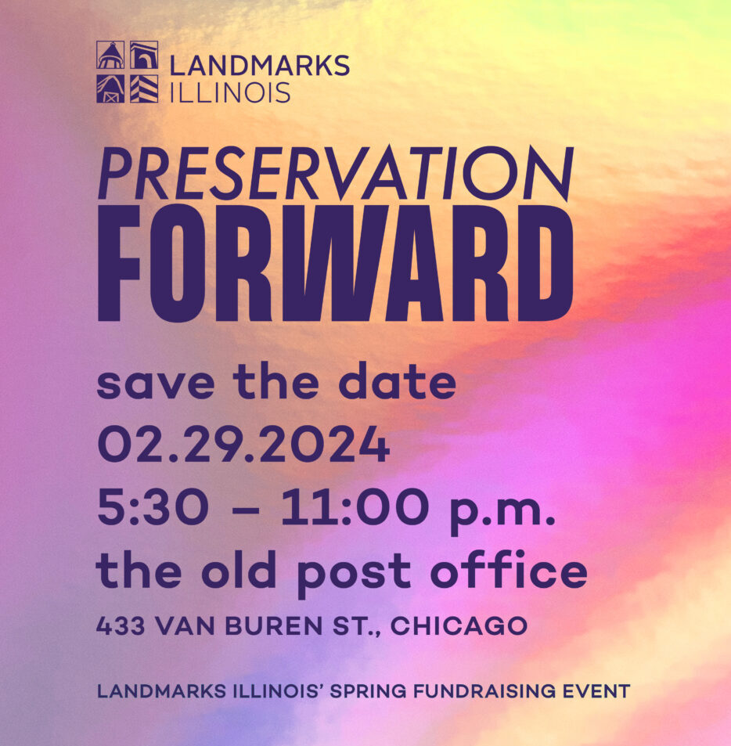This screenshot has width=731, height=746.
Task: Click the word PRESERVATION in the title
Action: pyautogui.click(x=335, y=173)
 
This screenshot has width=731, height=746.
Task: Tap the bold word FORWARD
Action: pyautogui.click(x=335, y=264)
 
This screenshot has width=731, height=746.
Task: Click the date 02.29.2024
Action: pyautogui.click(x=243, y=445)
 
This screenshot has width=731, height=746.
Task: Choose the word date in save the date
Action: pyautogui.click(x=398, y=381)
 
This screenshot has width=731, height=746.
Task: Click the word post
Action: pyautogui.click(x=354, y=575)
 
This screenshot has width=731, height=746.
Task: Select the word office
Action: pyautogui.click(x=509, y=570)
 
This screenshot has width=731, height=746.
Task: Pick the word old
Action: pyautogui.click(x=238, y=570)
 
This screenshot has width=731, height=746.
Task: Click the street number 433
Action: pyautogui.click(x=121, y=625)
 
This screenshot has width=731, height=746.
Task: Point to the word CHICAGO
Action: pyautogui.click(x=459, y=625)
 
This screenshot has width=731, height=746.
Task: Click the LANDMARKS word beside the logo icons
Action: pyautogui.click(x=260, y=65)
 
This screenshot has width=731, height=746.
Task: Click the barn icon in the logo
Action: pyautogui.click(x=110, y=89)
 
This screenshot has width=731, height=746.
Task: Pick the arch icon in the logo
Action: pyautogui.click(x=144, y=56)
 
